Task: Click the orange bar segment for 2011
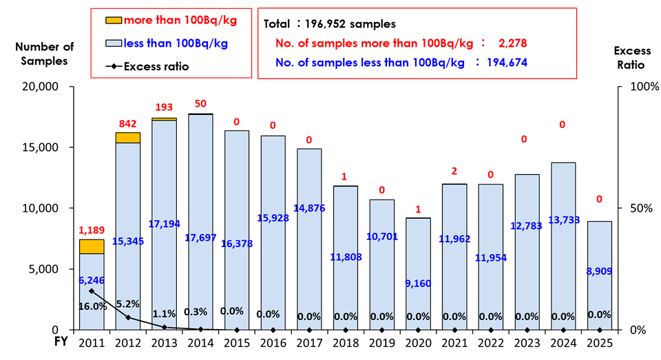pos(92,246)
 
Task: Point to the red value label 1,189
pos(92,231)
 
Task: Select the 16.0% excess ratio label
pos(92,306)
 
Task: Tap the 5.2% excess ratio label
pos(128,302)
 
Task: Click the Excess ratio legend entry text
pos(156,66)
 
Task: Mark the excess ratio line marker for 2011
pos(92,292)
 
